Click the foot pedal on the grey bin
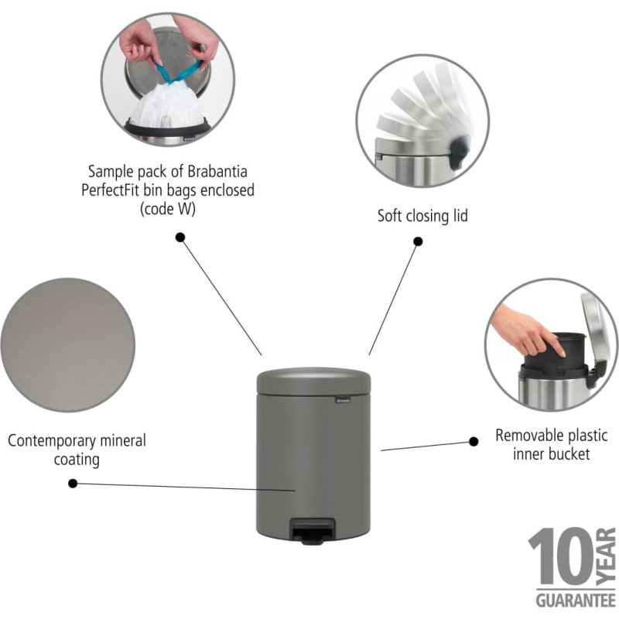click(x=313, y=532)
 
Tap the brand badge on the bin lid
click(x=343, y=400)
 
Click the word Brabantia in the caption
click(x=217, y=172)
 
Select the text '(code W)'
click(x=168, y=209)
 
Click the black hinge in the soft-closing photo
click(x=460, y=151)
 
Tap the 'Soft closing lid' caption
click(x=422, y=216)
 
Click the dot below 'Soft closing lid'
click(x=418, y=241)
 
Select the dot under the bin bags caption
click(x=180, y=238)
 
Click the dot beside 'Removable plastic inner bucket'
click(x=474, y=441)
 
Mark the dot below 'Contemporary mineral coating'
click(x=73, y=483)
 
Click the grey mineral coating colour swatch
click(x=68, y=345)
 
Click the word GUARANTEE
click(x=576, y=601)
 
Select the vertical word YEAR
click(x=606, y=556)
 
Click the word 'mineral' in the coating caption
click(x=123, y=440)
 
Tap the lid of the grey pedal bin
click(x=314, y=381)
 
